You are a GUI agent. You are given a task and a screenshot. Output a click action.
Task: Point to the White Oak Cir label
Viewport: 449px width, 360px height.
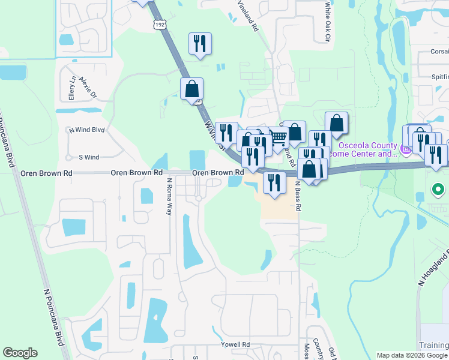point(328,21)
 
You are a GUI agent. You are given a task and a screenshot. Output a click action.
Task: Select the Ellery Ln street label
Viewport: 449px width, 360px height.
point(72,88)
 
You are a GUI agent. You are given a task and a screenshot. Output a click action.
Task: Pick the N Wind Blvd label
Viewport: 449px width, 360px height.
point(86,130)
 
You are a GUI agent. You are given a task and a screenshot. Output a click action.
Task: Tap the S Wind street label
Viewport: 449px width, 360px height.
point(89,157)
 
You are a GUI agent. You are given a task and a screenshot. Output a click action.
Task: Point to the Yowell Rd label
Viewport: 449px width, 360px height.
point(238,344)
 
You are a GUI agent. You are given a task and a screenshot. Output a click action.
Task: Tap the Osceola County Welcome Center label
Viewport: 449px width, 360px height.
point(368,149)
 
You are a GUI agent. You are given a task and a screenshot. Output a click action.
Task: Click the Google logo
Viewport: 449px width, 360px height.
point(20,353)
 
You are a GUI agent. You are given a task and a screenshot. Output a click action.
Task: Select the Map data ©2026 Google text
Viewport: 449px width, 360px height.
point(412,355)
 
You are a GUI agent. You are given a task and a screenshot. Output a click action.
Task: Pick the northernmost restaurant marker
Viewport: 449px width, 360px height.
point(199,44)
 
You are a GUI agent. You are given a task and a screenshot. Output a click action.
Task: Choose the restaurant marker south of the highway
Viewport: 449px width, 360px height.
point(274,182)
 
